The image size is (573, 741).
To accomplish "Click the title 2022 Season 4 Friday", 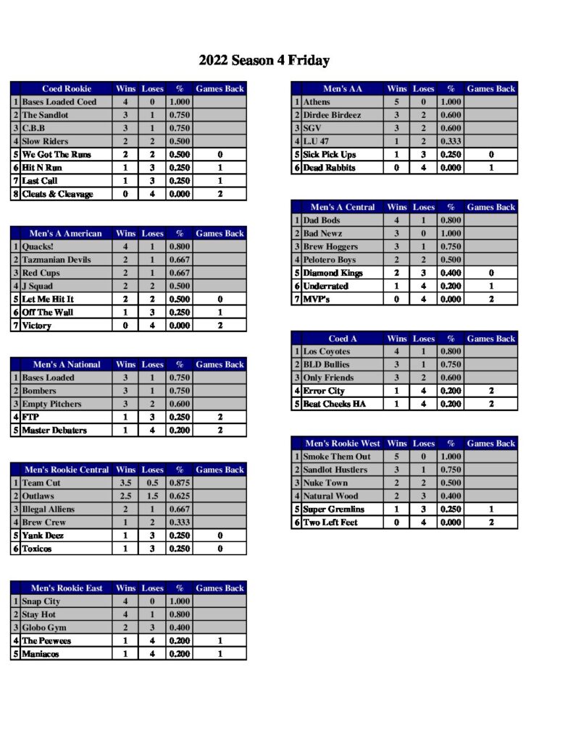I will [x=264, y=61].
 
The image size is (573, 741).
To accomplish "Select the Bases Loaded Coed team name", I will [x=59, y=102].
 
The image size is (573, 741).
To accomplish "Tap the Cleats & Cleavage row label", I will [x=57, y=194].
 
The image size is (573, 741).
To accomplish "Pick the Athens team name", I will [x=317, y=102].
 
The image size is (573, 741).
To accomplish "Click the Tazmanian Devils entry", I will [x=57, y=260].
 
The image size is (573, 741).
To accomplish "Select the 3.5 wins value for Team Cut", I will [x=125, y=483].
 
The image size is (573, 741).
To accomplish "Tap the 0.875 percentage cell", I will [x=179, y=483].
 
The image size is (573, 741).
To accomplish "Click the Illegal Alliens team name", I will [x=48, y=509].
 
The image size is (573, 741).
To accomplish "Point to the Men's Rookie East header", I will [x=67, y=588].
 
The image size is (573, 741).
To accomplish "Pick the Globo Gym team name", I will [x=44, y=627].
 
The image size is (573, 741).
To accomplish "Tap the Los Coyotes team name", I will [x=326, y=352].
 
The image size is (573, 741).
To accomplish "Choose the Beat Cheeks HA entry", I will [x=334, y=404].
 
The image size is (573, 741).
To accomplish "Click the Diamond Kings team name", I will [x=332, y=273].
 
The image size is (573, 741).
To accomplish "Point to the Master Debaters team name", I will [x=54, y=430].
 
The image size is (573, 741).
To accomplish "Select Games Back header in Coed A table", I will [x=490, y=339].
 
